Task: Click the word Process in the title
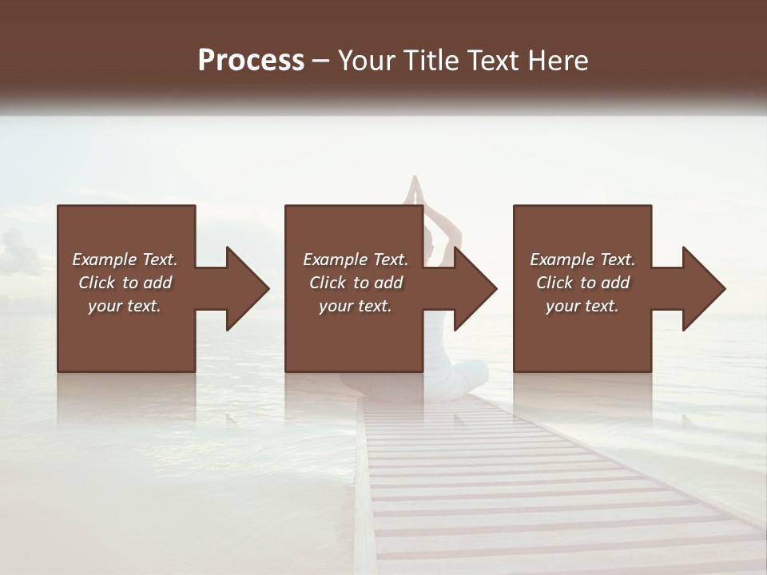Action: point(251,61)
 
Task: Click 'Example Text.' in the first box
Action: point(125,260)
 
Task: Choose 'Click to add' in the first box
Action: point(125,283)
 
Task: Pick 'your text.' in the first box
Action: point(125,306)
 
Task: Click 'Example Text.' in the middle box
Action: point(355,260)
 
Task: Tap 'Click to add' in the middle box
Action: point(355,283)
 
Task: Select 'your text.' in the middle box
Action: point(355,306)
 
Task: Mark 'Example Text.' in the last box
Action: point(582,260)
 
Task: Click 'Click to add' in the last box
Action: point(582,283)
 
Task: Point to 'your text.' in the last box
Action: point(582,306)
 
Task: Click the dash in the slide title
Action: point(321,61)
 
